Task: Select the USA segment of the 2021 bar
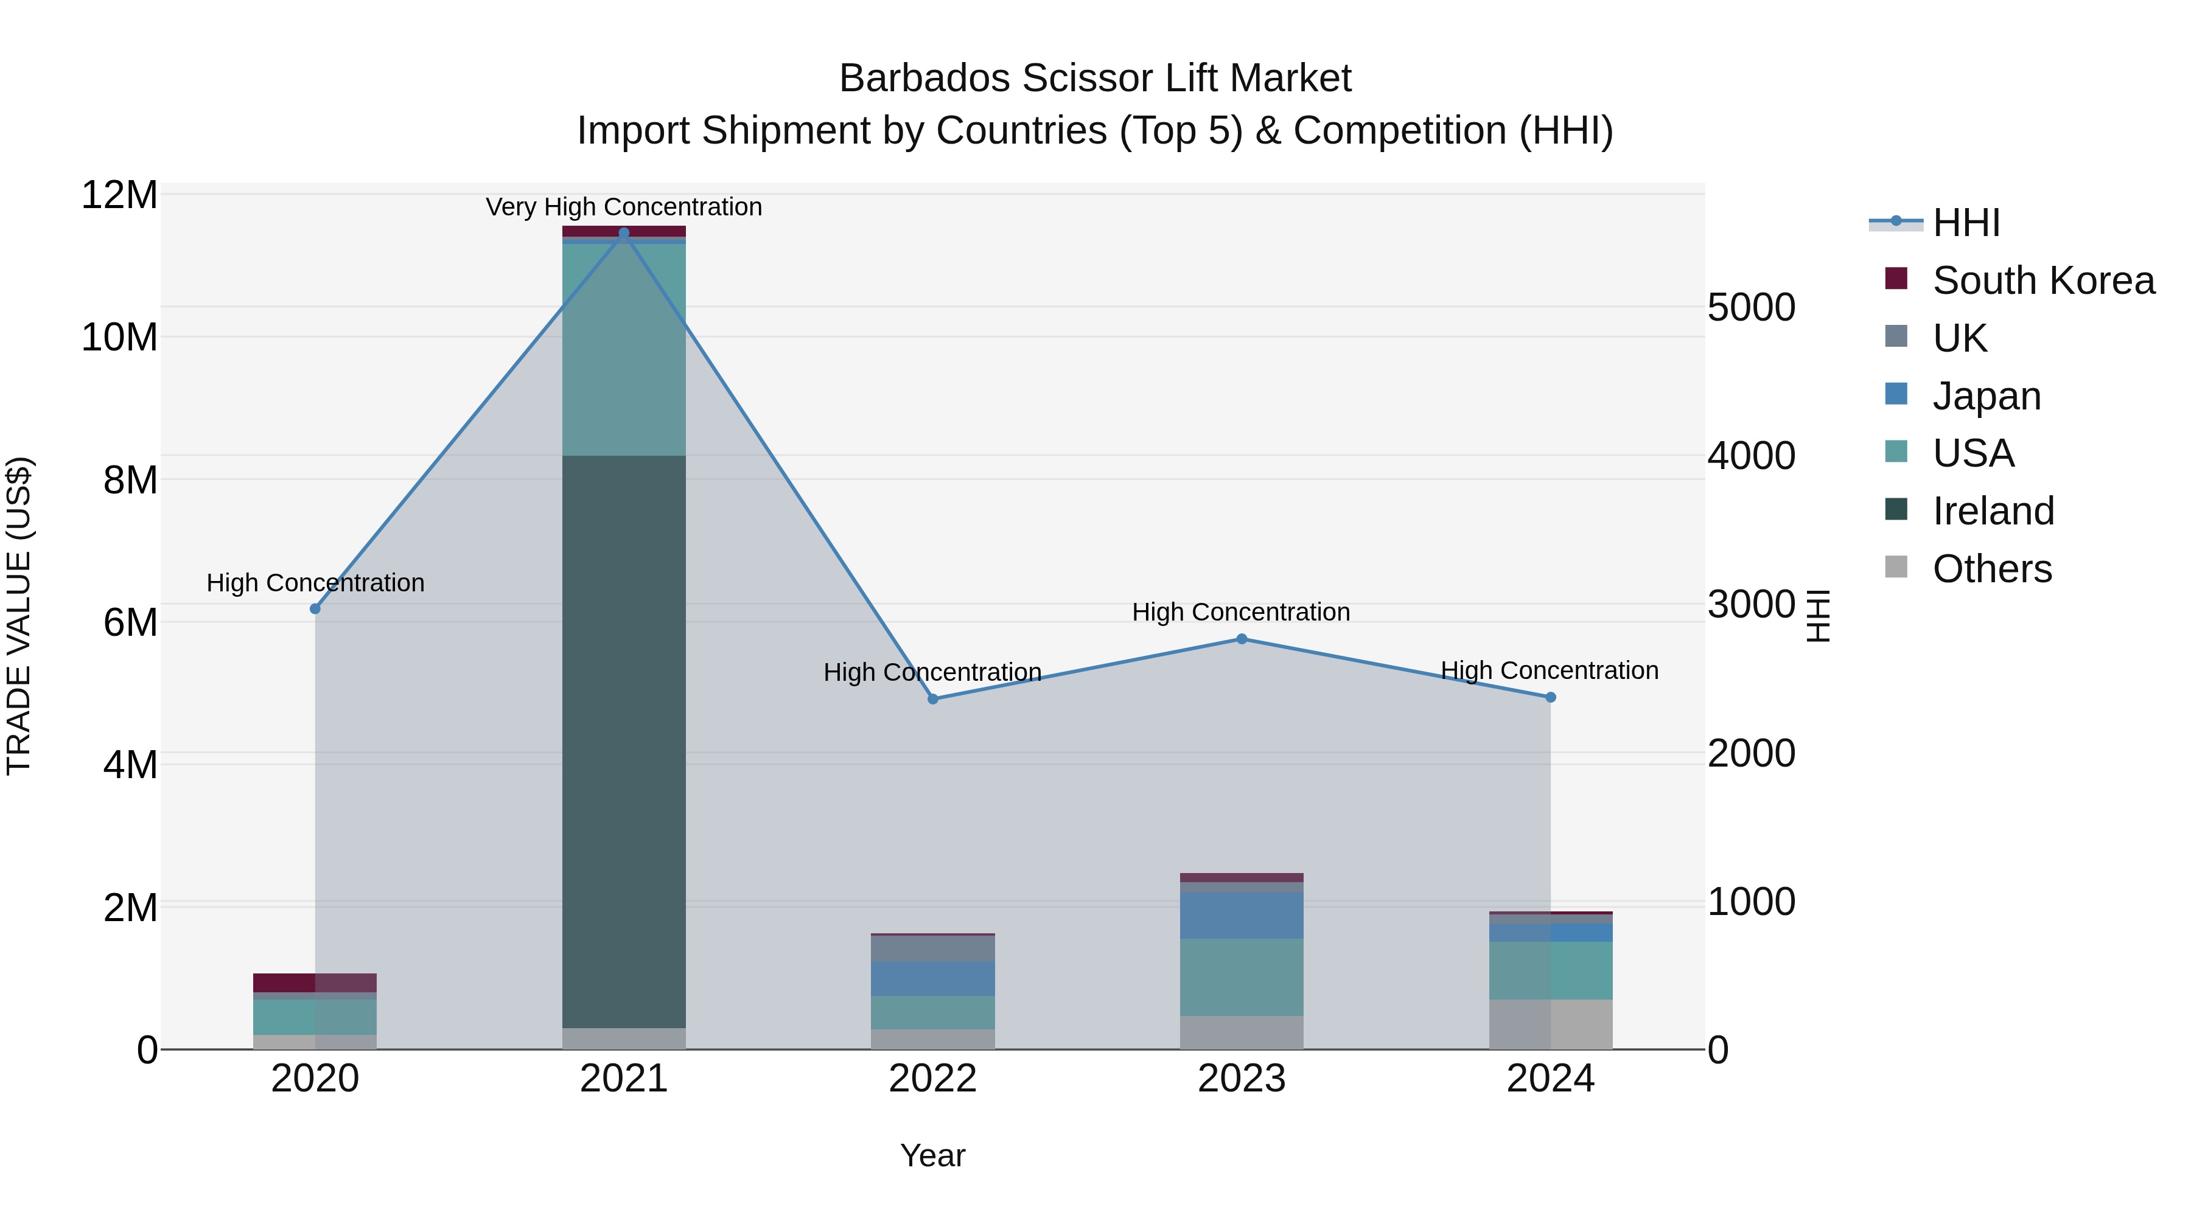[x=623, y=349]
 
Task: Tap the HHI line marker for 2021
[x=623, y=233]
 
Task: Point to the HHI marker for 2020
[x=315, y=609]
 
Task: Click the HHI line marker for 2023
[x=1241, y=639]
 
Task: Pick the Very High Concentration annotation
[x=623, y=207]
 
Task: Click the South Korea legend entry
[x=2043, y=280]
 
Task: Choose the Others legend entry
[x=1991, y=569]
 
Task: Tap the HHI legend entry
[x=1966, y=223]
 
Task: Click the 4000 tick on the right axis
[x=1751, y=456]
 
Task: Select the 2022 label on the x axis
[x=932, y=1079]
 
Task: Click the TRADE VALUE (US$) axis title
[x=19, y=616]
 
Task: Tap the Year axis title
[x=932, y=1155]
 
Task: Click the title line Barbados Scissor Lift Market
[x=1095, y=78]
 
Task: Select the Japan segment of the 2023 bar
[x=1241, y=915]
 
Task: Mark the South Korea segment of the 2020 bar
[x=315, y=983]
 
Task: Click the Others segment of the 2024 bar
[x=1550, y=1024]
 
